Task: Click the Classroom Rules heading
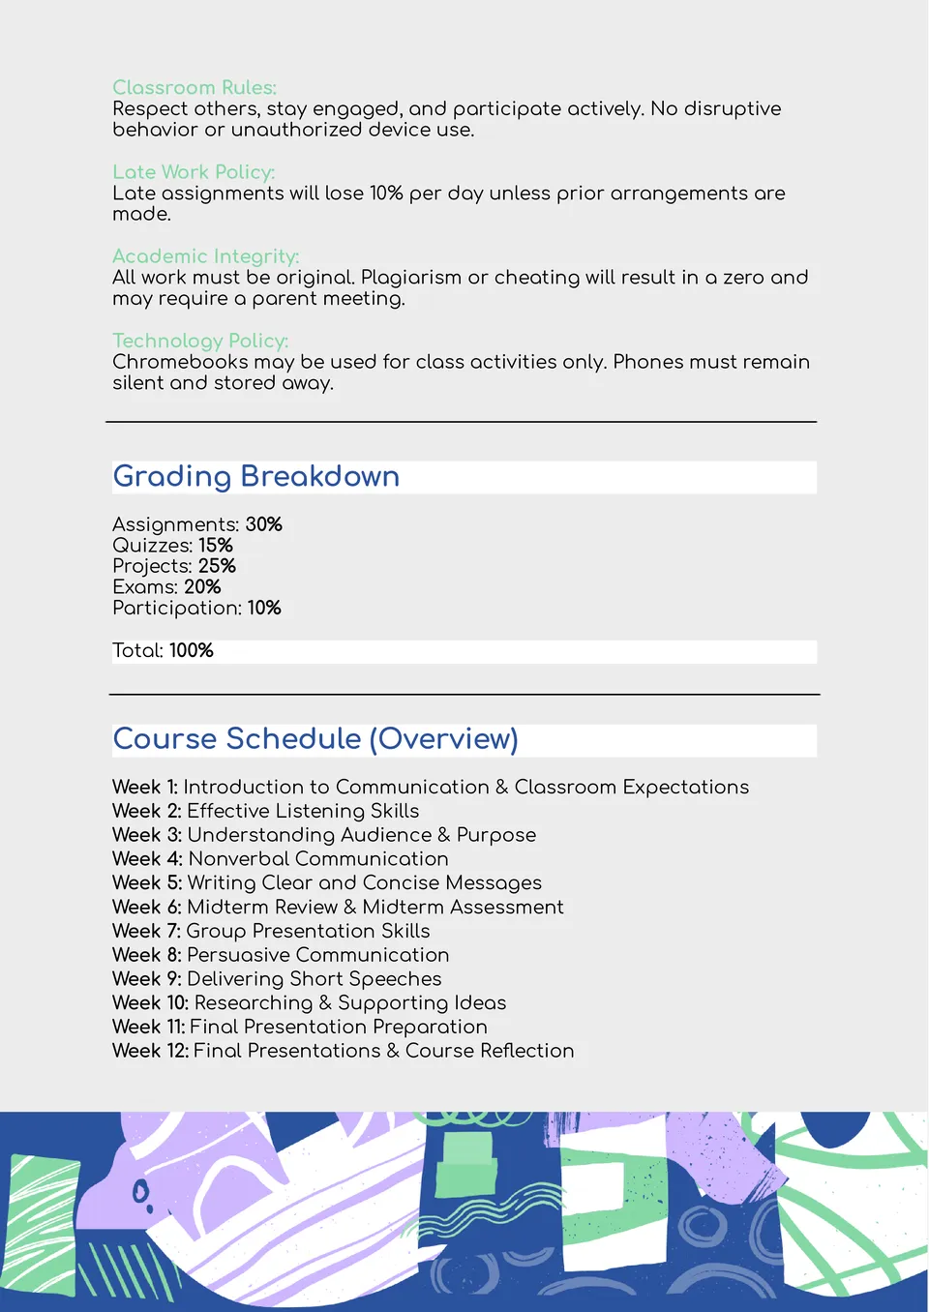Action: [x=195, y=88]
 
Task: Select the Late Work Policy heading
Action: [x=194, y=172]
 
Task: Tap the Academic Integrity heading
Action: [x=205, y=256]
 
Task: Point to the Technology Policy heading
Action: [x=200, y=341]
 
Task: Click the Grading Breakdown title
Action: [x=256, y=476]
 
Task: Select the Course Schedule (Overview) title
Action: [x=315, y=739]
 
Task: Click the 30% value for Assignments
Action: [x=263, y=524]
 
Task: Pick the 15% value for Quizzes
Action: [x=216, y=546]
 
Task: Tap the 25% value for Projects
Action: [x=217, y=566]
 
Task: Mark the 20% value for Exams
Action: [x=202, y=587]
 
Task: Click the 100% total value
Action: [x=192, y=651]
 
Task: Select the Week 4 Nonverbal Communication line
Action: [x=281, y=859]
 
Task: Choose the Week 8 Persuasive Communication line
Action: [x=281, y=955]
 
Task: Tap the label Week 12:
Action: [x=150, y=1051]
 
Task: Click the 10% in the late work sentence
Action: [x=386, y=194]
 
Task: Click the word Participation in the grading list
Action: [x=176, y=609]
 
